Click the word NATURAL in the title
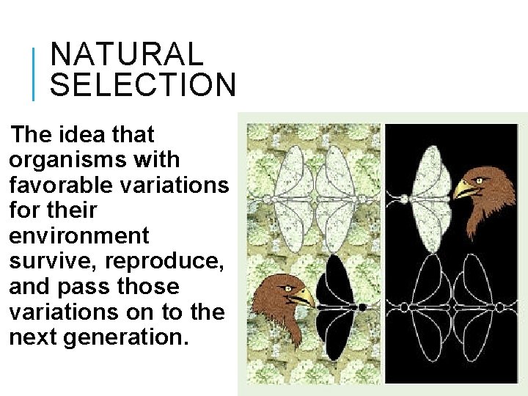click(126, 55)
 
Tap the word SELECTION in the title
click(142, 85)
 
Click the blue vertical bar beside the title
click(33, 73)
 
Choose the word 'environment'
click(79, 236)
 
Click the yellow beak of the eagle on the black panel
click(465, 190)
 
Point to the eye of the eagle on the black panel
click(479, 180)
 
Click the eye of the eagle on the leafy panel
click(288, 288)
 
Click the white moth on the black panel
click(427, 197)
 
